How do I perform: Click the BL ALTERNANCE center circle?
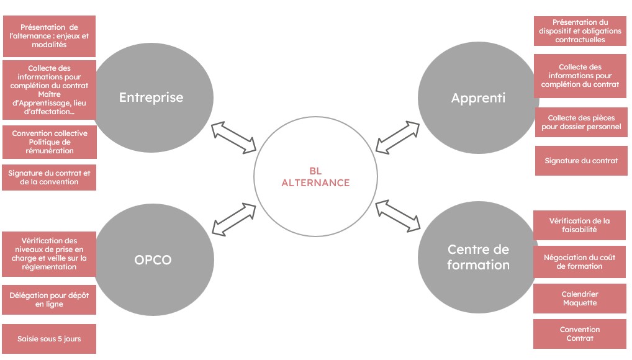click(x=316, y=178)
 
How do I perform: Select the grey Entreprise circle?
click(x=151, y=97)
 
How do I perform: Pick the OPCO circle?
click(x=153, y=259)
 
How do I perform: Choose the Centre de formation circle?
click(x=478, y=257)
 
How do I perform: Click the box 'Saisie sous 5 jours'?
click(x=49, y=339)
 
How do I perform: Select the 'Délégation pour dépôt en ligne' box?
click(x=49, y=300)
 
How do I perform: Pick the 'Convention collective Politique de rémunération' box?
click(x=49, y=142)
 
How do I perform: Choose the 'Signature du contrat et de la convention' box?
click(x=49, y=178)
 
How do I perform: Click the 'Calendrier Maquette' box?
click(x=579, y=299)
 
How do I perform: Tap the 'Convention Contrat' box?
click(x=579, y=334)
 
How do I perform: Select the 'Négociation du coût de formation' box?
click(x=579, y=262)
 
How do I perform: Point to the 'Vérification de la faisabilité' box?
click(x=579, y=225)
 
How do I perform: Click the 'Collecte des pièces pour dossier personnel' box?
click(x=581, y=122)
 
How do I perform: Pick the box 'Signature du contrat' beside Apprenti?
click(x=581, y=161)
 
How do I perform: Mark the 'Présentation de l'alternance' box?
click(x=49, y=36)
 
